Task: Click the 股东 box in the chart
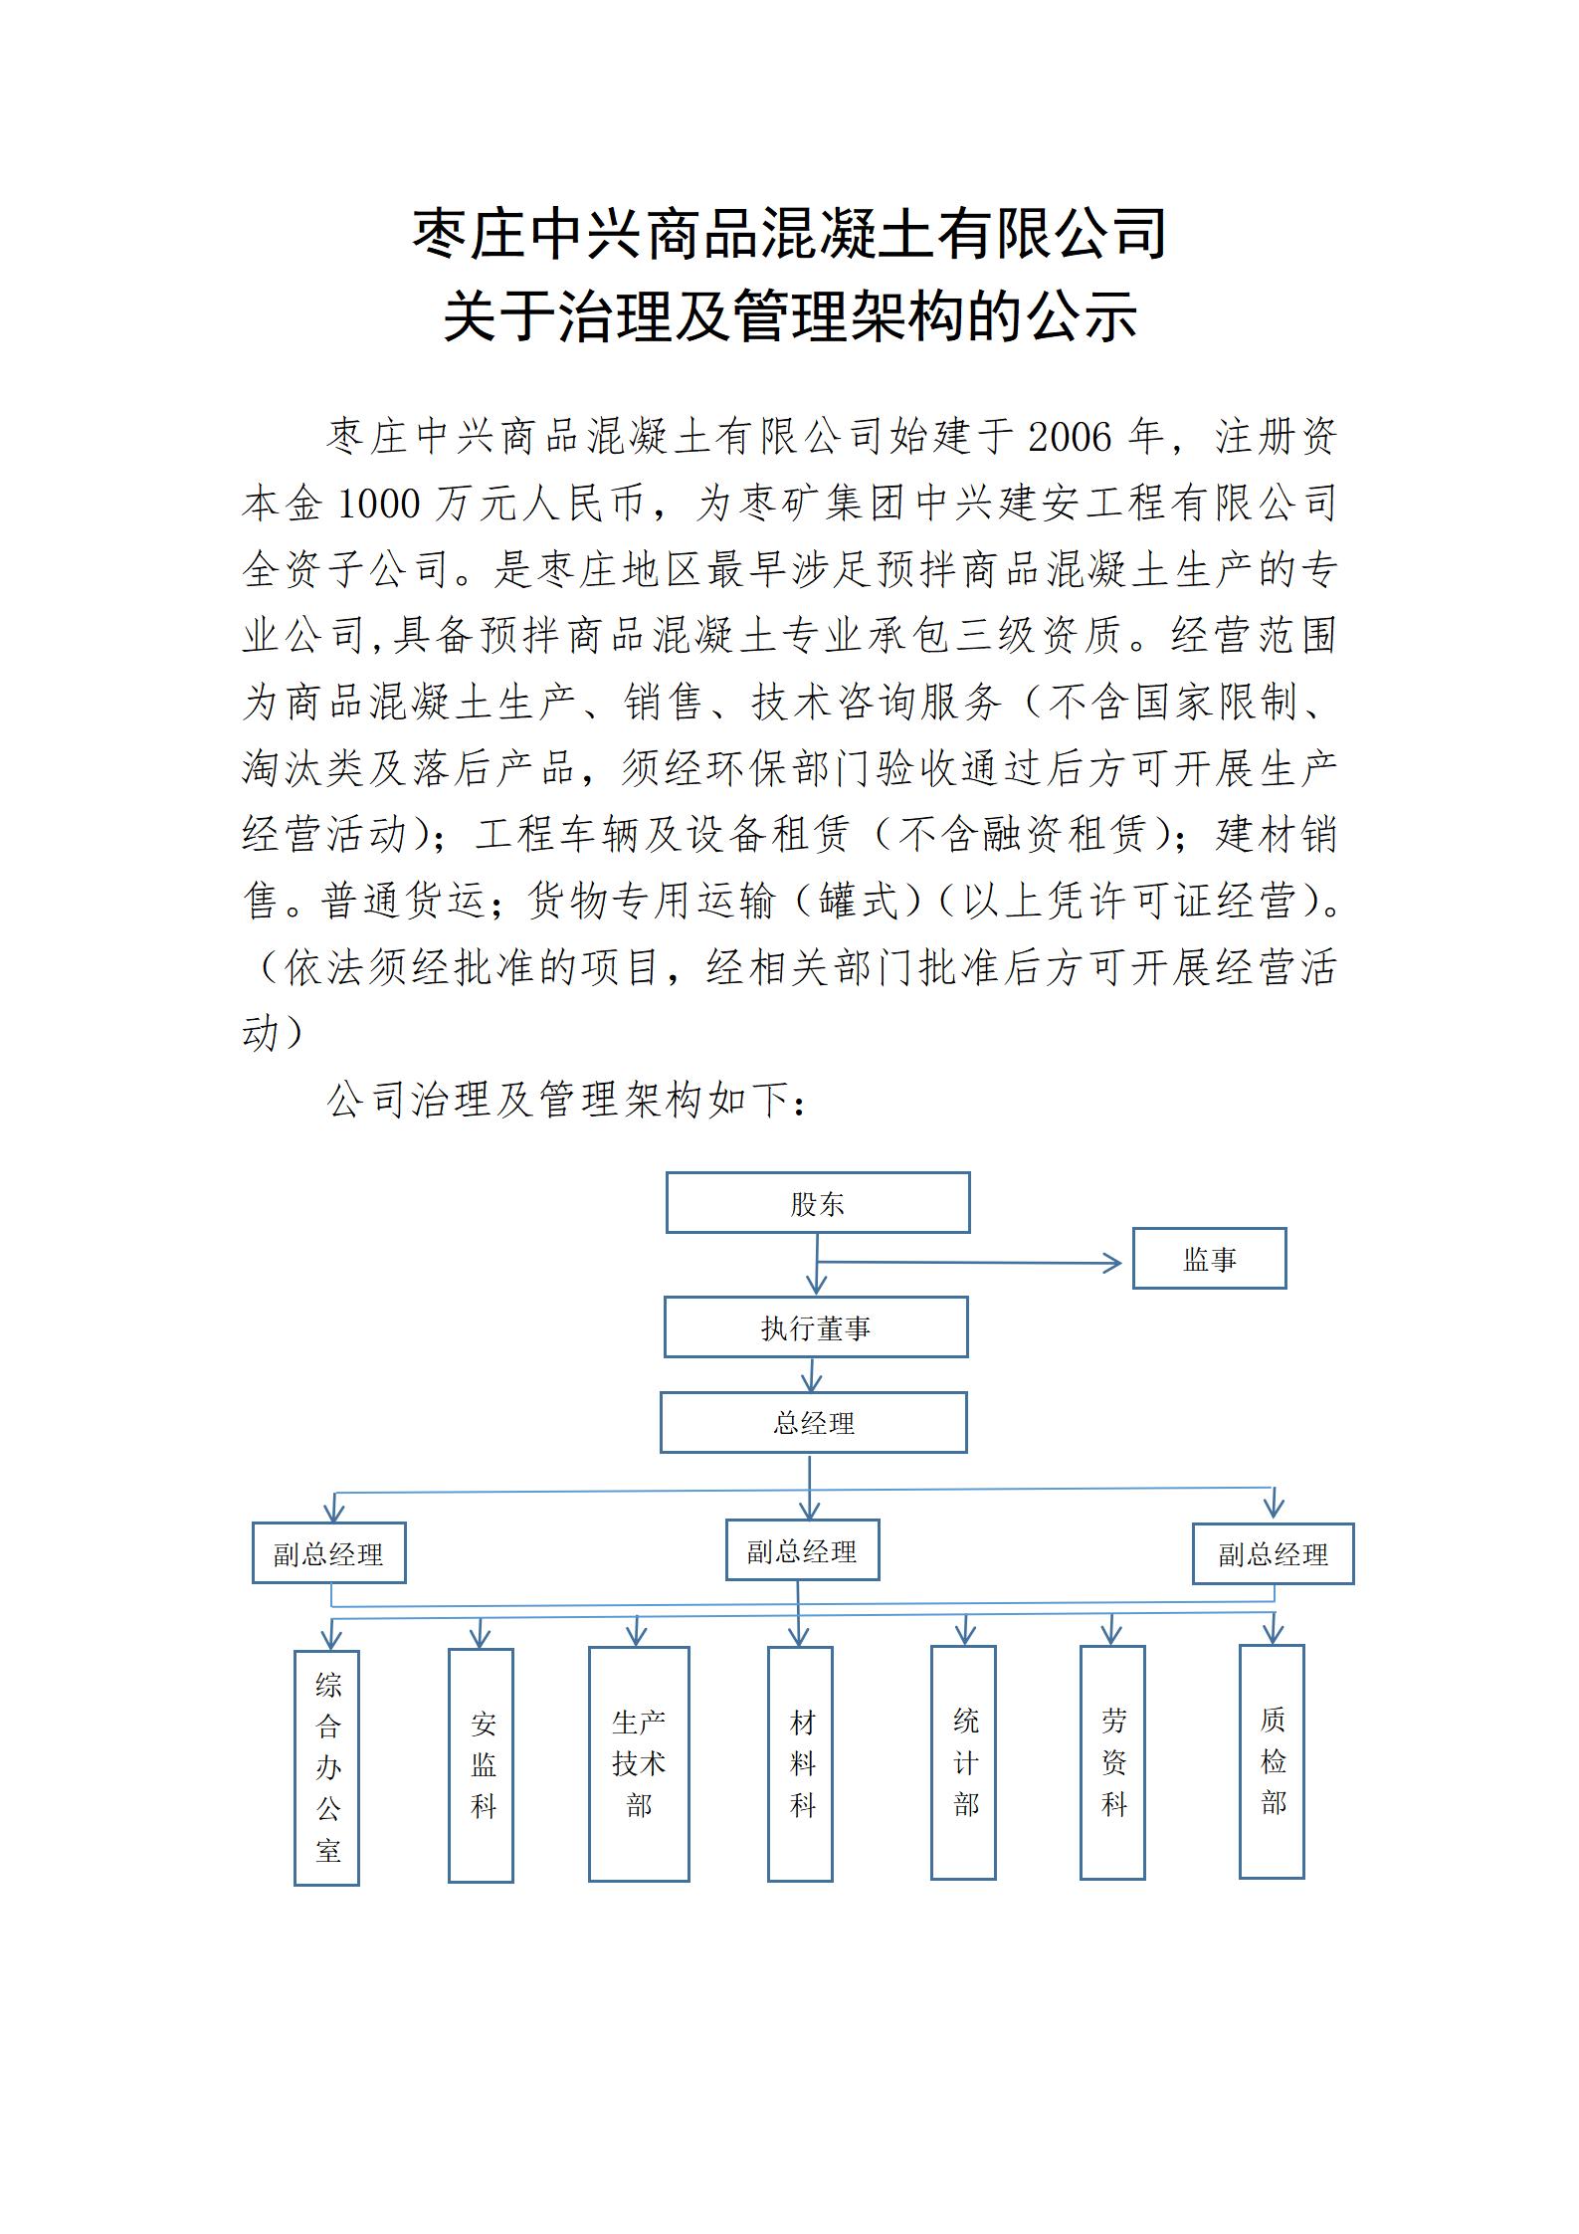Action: (817, 1202)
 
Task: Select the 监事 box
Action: (1209, 1258)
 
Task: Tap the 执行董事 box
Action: (816, 1326)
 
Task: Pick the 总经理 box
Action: (813, 1422)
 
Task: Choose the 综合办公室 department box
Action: (326, 1767)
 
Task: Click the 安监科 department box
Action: (481, 1764)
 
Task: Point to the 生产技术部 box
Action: (639, 1763)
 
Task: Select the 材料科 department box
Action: (800, 1763)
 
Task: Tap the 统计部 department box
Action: (963, 1761)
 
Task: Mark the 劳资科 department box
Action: (1112, 1761)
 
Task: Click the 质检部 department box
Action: (1272, 1760)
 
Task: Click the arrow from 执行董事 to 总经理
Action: (812, 1374)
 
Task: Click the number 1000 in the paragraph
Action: (379, 504)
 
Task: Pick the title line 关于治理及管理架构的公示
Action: (790, 317)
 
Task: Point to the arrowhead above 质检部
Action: (1273, 1633)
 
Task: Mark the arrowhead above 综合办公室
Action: (331, 1638)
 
